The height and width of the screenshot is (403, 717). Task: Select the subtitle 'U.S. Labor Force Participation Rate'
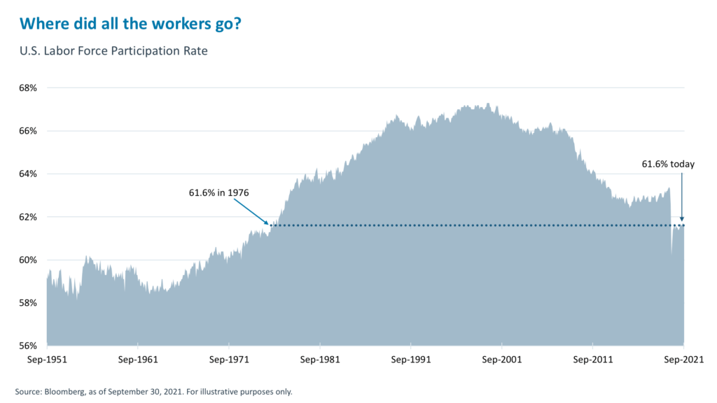[113, 52]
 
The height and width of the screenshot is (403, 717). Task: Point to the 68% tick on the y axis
[27, 88]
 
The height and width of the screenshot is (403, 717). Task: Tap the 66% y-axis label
[27, 131]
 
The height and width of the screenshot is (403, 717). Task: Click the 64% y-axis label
[27, 174]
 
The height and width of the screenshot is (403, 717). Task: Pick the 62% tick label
[27, 217]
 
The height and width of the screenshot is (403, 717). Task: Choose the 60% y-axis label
[27, 260]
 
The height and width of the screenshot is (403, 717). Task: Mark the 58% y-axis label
[27, 303]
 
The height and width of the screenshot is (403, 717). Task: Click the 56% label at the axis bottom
[27, 346]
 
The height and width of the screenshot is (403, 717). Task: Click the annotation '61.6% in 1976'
[219, 192]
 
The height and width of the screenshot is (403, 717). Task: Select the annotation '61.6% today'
[668, 164]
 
